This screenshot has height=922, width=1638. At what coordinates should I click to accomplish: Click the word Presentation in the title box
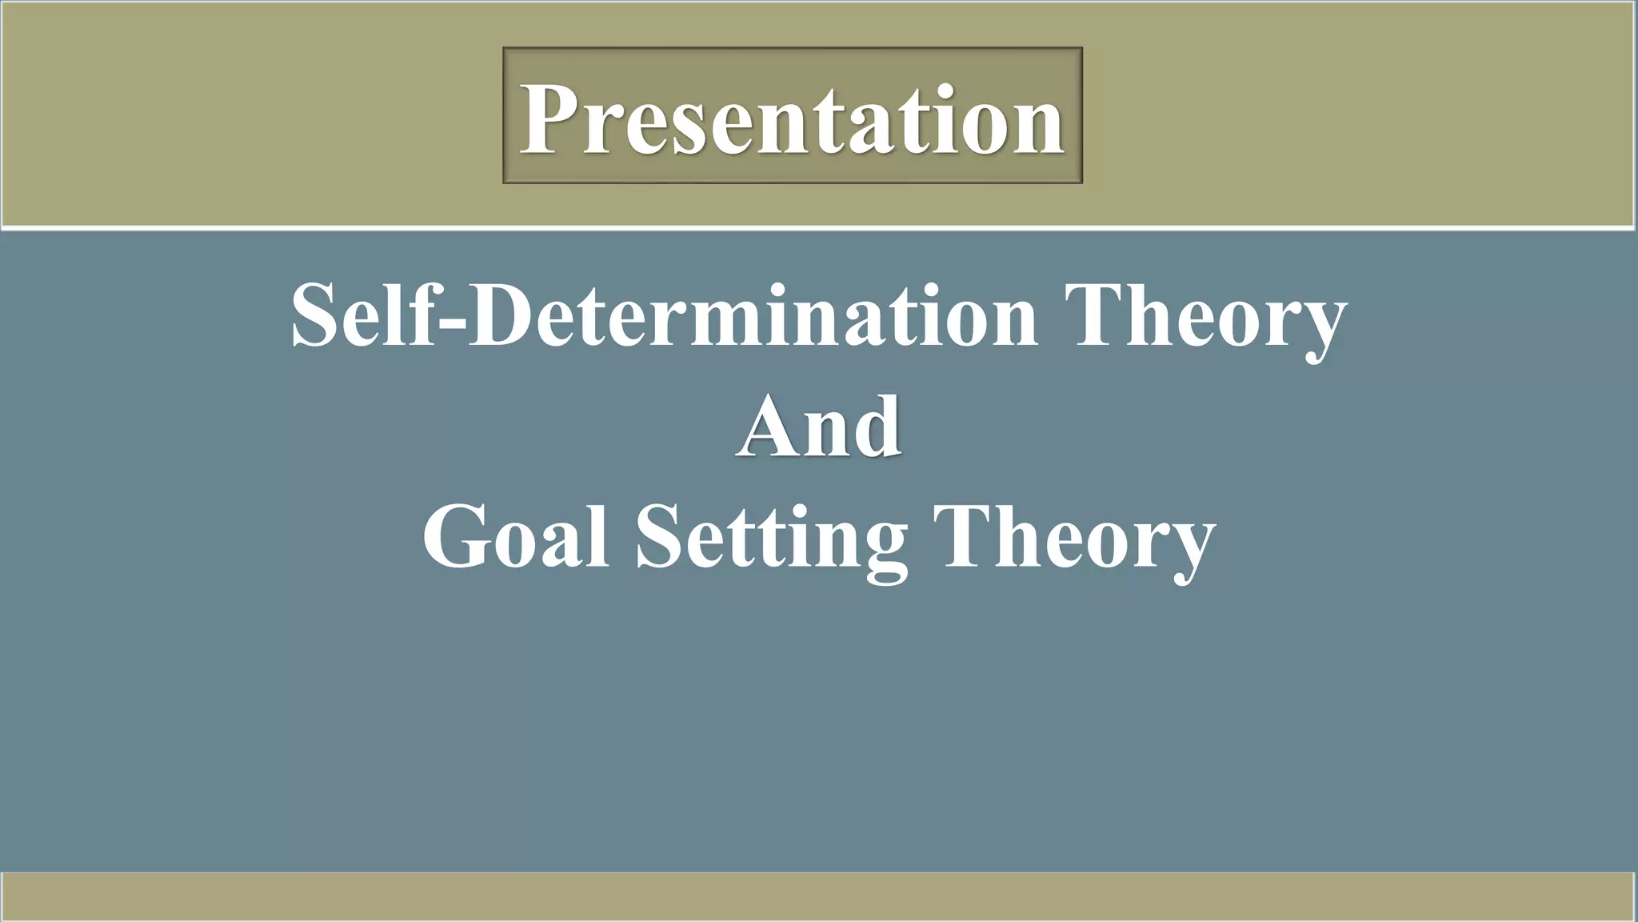click(792, 120)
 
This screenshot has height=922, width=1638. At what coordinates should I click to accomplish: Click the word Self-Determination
click(664, 316)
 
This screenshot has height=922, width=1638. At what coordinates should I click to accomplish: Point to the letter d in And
click(876, 428)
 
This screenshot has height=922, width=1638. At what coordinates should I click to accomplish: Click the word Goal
click(516, 536)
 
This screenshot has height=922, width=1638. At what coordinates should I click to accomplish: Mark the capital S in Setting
click(661, 536)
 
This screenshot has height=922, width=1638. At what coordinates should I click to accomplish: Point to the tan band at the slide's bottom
click(819, 896)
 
